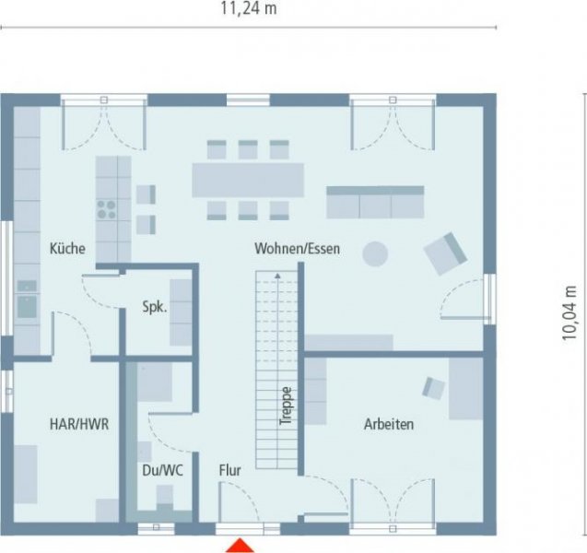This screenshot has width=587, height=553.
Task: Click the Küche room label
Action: coord(67,248)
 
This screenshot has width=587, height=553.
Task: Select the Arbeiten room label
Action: coord(388,425)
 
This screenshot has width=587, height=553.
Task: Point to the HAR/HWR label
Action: coord(79,425)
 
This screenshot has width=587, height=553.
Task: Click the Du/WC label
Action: coord(162,470)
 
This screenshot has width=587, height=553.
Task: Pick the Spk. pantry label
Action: coord(154,308)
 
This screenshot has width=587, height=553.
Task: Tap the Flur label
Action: coord(229,470)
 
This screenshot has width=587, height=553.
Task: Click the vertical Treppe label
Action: coord(287,405)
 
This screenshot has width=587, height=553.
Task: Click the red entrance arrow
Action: coord(241,545)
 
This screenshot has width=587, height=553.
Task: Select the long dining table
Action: coord(247,179)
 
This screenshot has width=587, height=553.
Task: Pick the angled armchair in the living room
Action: coord(445,253)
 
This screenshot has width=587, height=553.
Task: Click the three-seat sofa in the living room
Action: coord(375,202)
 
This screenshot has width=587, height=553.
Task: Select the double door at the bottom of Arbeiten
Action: coord(393,502)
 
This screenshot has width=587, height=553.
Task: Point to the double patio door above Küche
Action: coord(103,124)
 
